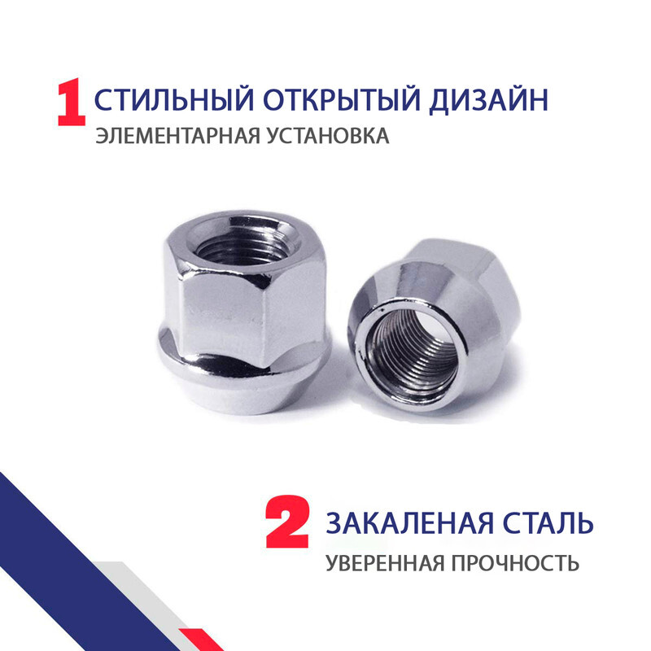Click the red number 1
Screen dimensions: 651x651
click(72, 103)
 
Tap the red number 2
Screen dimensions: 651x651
click(287, 521)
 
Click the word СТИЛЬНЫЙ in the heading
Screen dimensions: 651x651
click(174, 99)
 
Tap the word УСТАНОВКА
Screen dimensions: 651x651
click(328, 136)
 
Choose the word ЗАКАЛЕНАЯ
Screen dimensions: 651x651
click(410, 522)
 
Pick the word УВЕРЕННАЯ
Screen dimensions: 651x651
click(385, 563)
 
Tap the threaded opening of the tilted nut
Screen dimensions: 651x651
click(413, 355)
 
